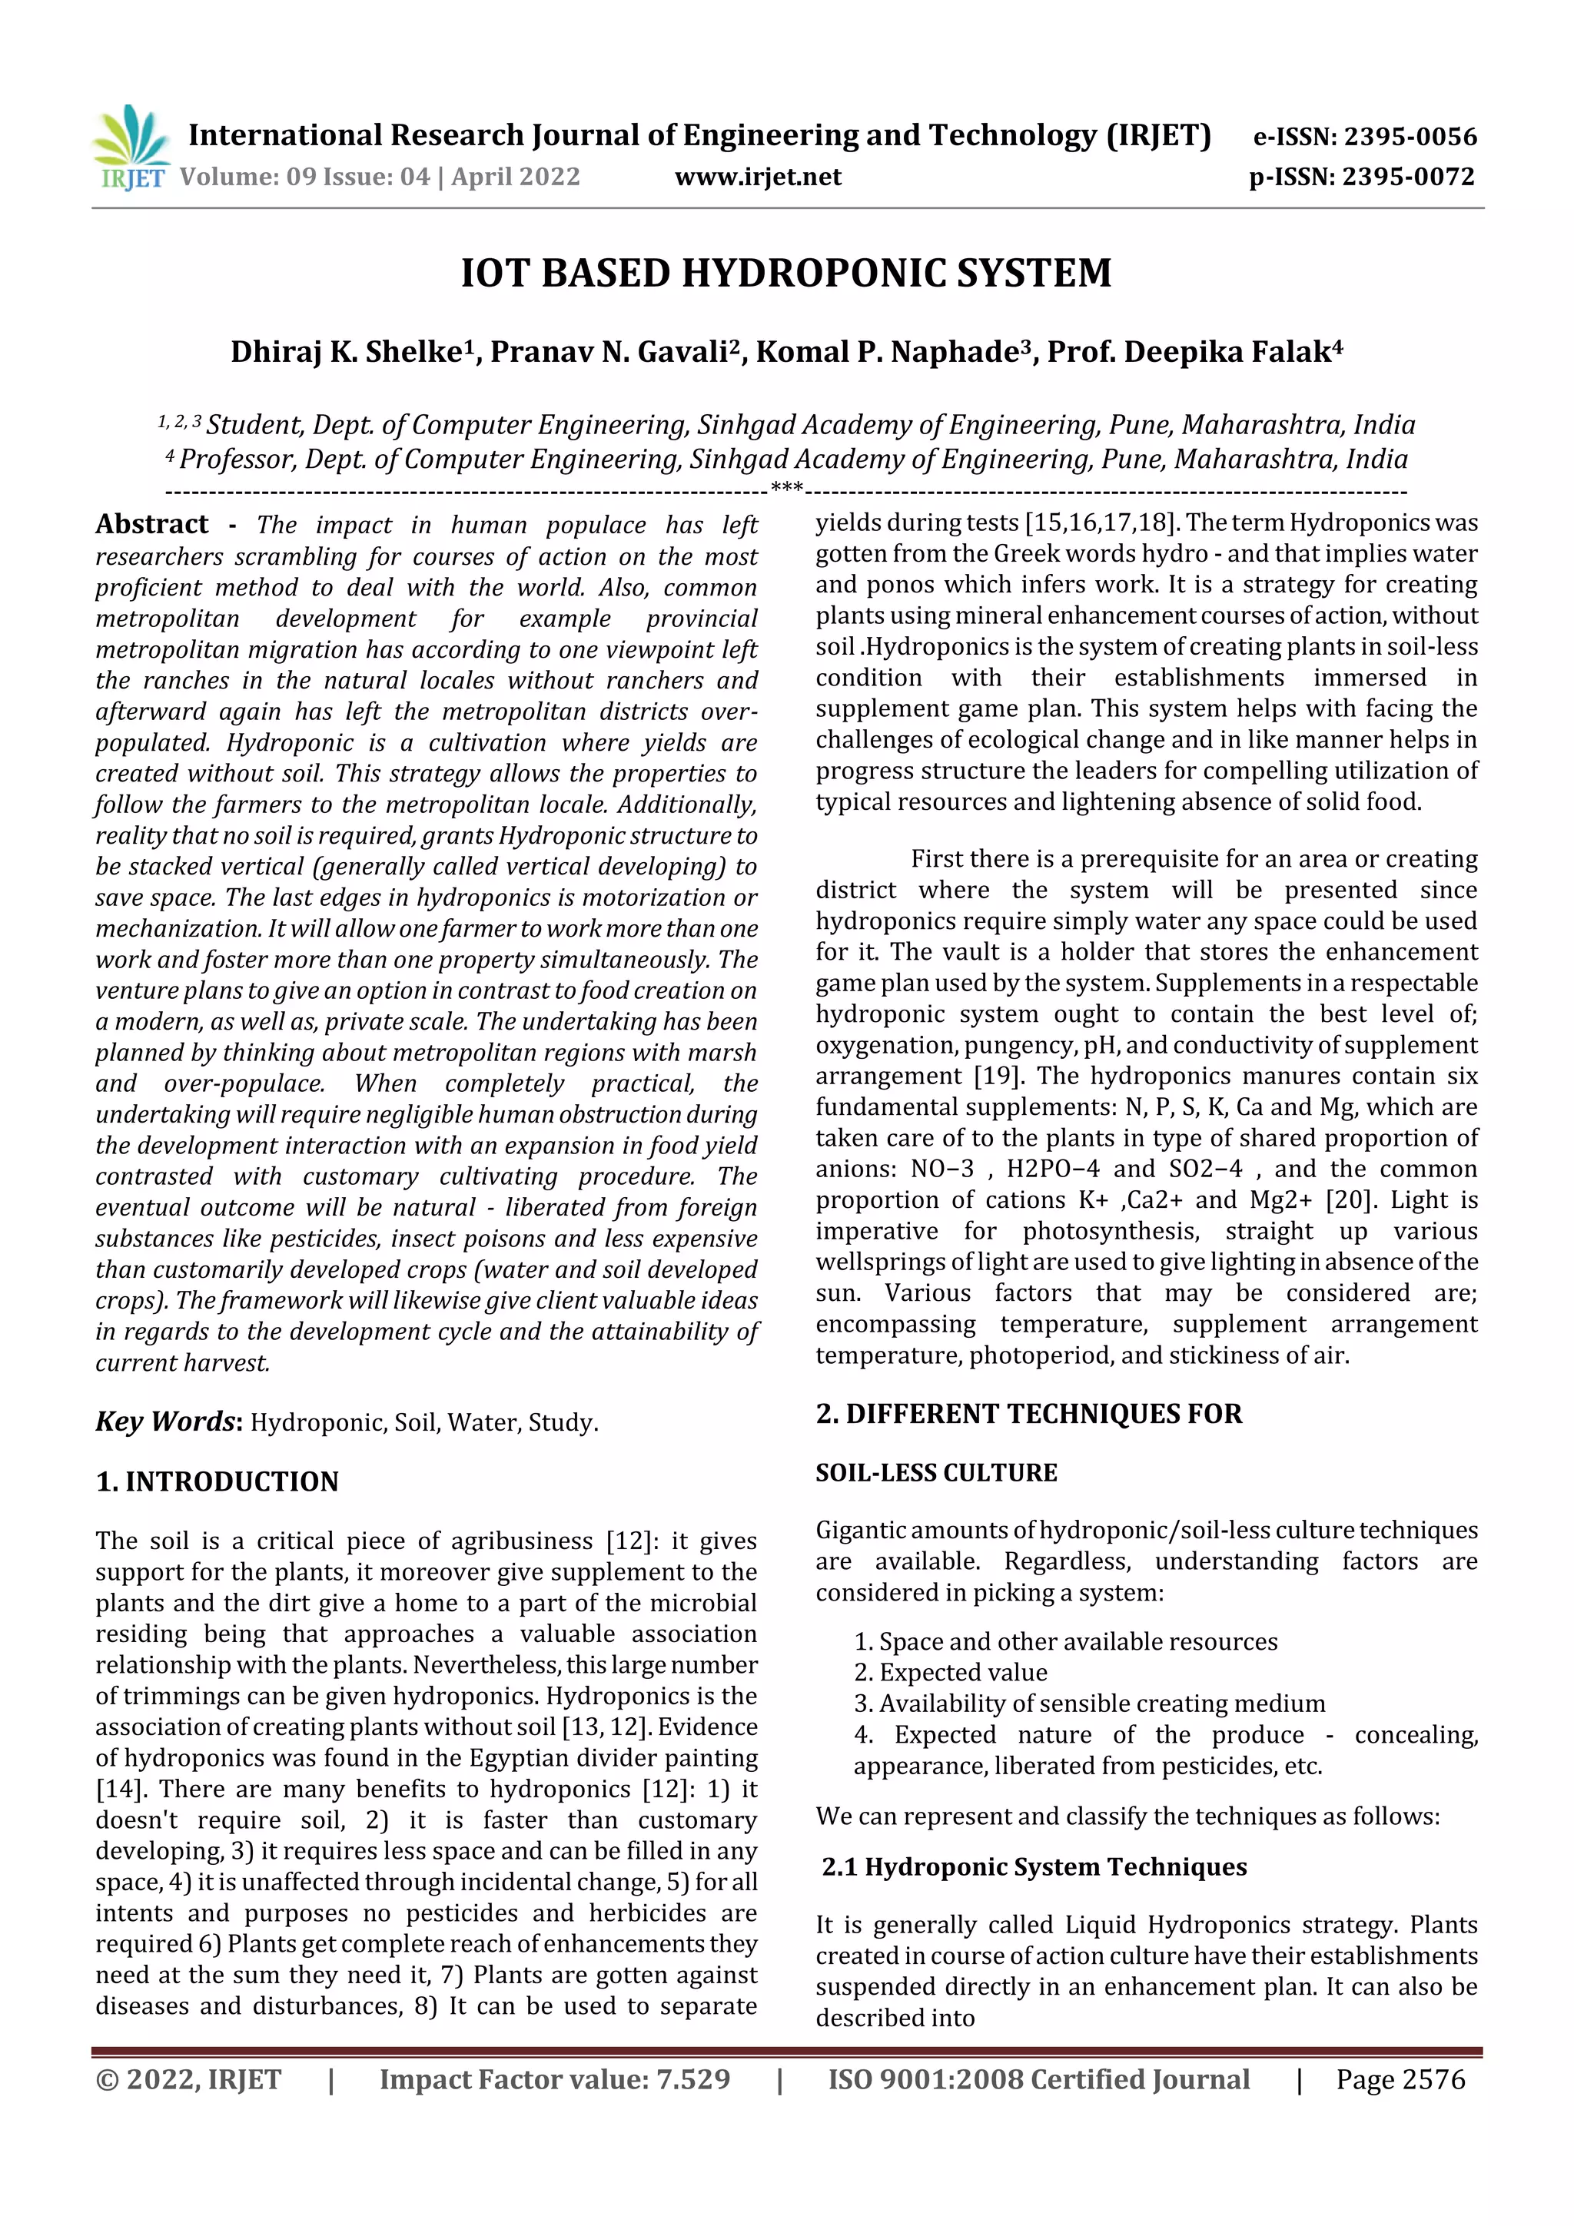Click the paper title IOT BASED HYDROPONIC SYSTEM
pyautogui.click(x=785, y=274)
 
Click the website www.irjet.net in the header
pyautogui.click(x=758, y=177)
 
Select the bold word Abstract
pyautogui.click(x=151, y=525)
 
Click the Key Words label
pyautogui.click(x=166, y=1422)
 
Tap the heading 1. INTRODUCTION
pyautogui.click(x=218, y=1481)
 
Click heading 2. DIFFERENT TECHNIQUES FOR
pyautogui.click(x=1028, y=1414)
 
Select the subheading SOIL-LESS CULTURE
pyautogui.click(x=936, y=1473)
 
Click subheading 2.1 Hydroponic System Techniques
pyautogui.click(x=1034, y=1866)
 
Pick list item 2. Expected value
pyautogui.click(x=951, y=1673)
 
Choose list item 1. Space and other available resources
pyautogui.click(x=1065, y=1641)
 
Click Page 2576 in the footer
pyautogui.click(x=1400, y=2079)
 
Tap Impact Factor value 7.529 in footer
pyautogui.click(x=554, y=2079)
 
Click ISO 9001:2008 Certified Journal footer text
pyautogui.click(x=1038, y=2079)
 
